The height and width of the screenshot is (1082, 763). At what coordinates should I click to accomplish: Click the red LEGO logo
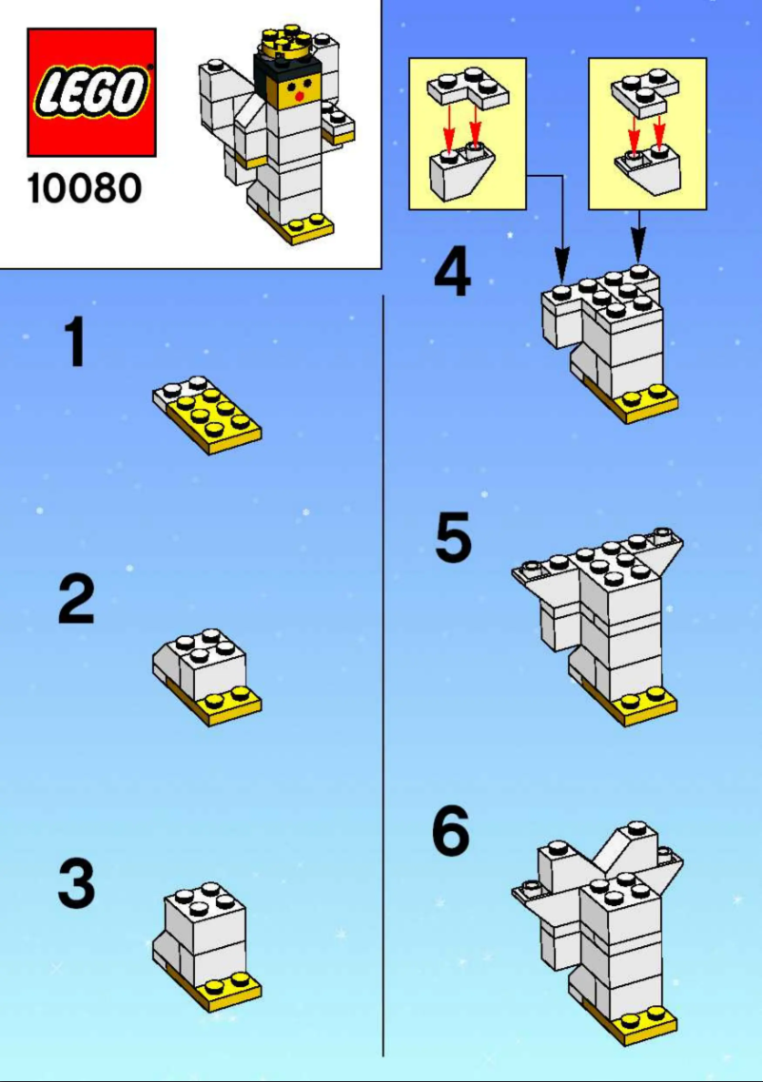click(x=91, y=92)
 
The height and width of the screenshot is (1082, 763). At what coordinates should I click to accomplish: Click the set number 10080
click(x=84, y=188)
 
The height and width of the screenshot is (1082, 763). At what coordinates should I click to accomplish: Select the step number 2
click(x=76, y=601)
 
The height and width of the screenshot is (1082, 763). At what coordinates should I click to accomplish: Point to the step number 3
click(x=76, y=884)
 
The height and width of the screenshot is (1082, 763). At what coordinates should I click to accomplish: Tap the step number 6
click(x=451, y=832)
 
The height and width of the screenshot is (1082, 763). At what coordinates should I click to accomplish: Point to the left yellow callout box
click(x=467, y=133)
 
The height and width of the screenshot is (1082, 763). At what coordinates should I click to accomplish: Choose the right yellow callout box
click(x=647, y=133)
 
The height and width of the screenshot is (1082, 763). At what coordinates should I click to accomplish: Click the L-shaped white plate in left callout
click(x=466, y=90)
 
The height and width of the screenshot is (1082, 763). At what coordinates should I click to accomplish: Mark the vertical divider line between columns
click(x=382, y=666)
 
